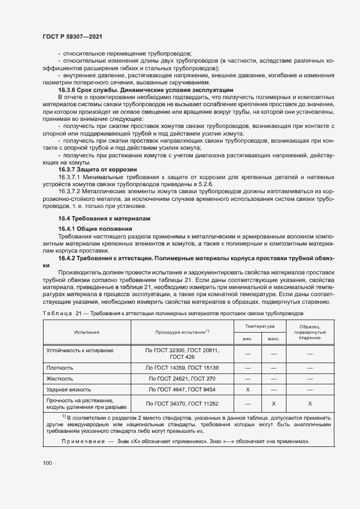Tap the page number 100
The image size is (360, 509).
47,463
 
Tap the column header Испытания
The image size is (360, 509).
87,331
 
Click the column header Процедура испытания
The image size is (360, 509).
182,331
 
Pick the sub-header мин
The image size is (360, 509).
247,338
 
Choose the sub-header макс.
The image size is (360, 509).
273,338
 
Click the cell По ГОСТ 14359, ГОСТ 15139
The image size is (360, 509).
182,368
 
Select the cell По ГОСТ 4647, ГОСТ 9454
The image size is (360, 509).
182,389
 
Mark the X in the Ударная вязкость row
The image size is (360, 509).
247,389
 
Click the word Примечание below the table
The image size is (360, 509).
80,441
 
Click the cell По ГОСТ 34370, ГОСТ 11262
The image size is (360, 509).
182,403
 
